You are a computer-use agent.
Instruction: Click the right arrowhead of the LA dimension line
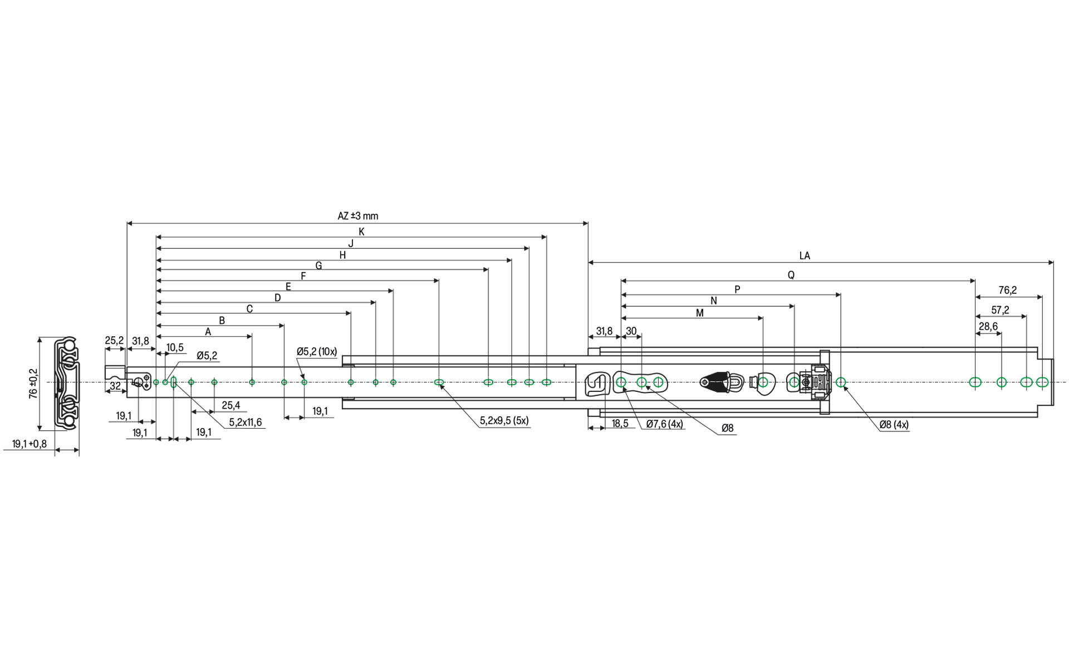click(1051, 262)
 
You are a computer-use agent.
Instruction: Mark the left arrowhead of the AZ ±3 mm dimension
click(130, 223)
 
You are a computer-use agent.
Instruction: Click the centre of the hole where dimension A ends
click(252, 382)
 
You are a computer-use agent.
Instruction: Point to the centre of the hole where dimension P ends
click(841, 382)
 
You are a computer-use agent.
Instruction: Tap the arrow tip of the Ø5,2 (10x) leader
click(303, 378)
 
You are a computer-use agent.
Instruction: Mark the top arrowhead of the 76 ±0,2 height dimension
click(40, 340)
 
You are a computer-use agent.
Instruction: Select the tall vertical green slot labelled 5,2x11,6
click(174, 382)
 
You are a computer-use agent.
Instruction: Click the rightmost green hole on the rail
click(1042, 382)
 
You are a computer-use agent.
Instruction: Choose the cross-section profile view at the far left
click(67, 383)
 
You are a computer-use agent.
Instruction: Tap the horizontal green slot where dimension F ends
click(439, 382)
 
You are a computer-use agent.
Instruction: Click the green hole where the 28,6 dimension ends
click(1002, 382)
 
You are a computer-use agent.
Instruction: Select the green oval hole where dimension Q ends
click(975, 382)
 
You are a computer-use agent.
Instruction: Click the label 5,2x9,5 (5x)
click(504, 421)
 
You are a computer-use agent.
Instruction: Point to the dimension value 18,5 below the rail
click(620, 424)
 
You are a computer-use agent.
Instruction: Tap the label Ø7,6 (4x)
click(665, 424)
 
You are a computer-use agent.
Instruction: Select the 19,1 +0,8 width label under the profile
click(30, 444)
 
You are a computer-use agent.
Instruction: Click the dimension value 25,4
click(231, 405)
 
